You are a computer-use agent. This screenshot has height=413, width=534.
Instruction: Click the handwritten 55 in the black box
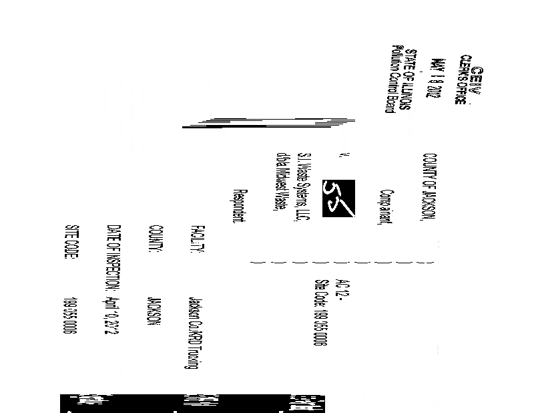pyautogui.click(x=338, y=197)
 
